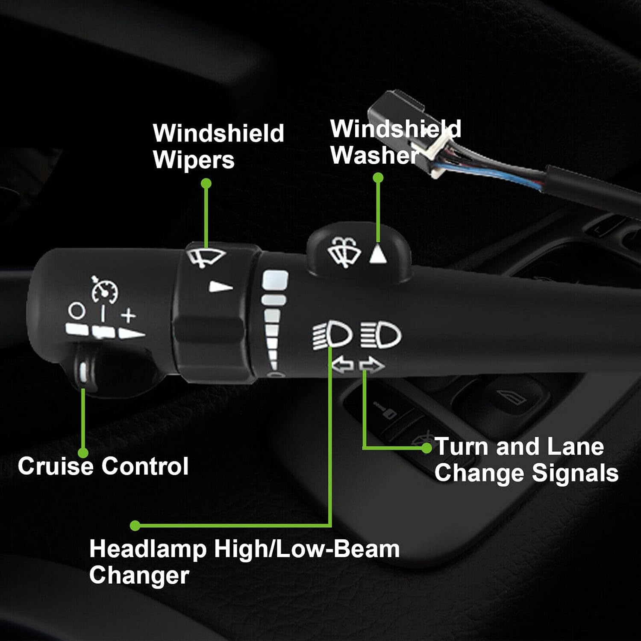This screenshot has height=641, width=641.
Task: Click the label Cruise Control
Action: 103,466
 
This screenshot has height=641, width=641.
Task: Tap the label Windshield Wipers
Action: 218,147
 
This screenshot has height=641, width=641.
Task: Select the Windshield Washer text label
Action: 396,142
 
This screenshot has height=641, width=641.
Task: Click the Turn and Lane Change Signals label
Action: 526,460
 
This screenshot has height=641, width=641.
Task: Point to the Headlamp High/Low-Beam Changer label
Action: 244,562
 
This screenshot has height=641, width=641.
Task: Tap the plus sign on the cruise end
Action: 128,316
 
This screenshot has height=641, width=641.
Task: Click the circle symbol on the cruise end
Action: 76,311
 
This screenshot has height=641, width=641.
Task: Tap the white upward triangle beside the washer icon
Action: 378,254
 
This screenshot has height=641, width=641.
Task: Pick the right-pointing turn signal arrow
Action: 371,365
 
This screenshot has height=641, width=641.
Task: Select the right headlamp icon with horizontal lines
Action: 380,335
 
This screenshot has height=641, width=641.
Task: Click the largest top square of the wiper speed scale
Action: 275,280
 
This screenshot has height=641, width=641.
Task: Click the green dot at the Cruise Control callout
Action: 83,453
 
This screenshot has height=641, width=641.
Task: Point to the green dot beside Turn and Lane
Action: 426,448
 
